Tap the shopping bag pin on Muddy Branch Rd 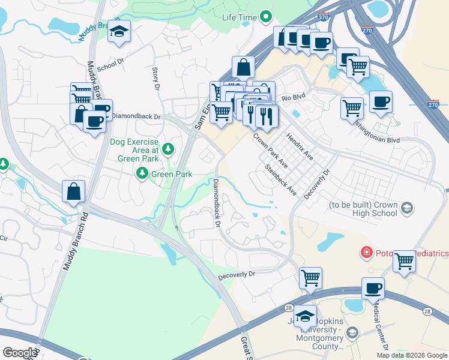pos(73,193)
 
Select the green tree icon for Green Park pos(142,174)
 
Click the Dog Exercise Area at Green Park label pos(134,151)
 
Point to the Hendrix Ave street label pos(300,146)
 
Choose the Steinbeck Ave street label pos(281,181)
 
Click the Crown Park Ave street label pos(271,150)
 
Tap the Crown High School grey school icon pos(407,208)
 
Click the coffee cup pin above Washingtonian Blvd pos(381,102)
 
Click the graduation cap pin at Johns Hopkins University pos(305,316)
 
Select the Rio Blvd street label pos(294,97)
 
